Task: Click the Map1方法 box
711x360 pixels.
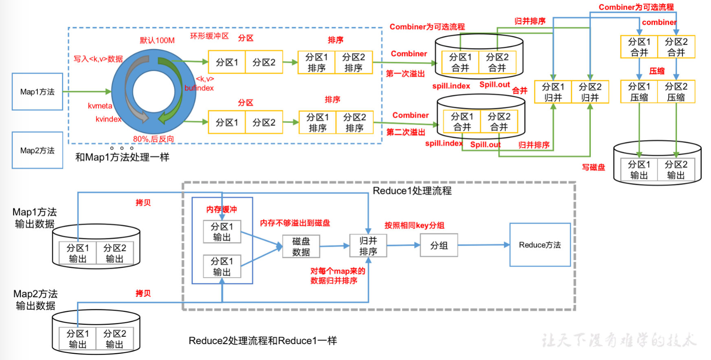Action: point(37,92)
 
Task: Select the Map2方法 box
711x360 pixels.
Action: point(37,150)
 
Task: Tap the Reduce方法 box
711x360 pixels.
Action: point(540,245)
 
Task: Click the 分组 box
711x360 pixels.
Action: point(439,245)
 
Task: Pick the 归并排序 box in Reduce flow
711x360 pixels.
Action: point(368,246)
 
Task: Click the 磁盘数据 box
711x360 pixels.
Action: point(301,247)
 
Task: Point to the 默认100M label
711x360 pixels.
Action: point(157,40)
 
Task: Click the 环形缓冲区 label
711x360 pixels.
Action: point(209,36)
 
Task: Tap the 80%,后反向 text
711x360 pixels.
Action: point(153,139)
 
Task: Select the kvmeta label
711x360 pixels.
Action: point(100,106)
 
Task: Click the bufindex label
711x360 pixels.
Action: point(199,88)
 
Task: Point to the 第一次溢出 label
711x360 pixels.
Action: point(405,74)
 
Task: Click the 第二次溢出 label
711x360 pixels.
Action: point(406,132)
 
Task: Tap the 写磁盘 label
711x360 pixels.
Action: point(593,167)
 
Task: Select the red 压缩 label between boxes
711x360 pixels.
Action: point(656,71)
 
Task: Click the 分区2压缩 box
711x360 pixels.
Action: point(676,92)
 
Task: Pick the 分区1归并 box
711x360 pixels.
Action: point(553,92)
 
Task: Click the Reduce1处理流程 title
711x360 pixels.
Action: point(412,191)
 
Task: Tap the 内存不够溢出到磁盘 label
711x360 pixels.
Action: point(295,223)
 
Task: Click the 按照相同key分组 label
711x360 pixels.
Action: point(414,225)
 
